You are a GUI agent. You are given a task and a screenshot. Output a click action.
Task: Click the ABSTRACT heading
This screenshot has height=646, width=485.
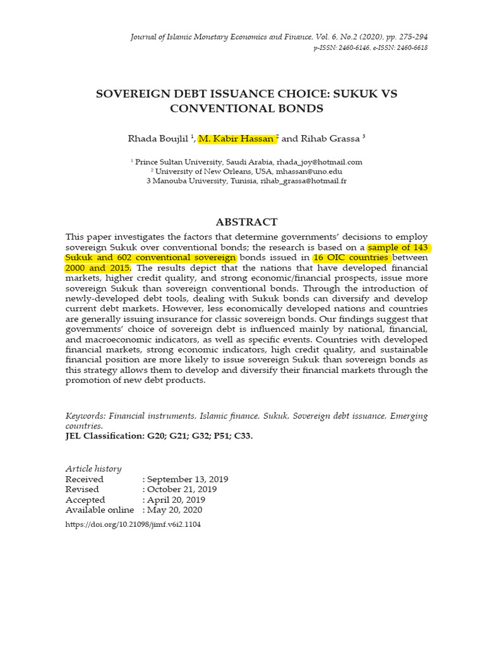[x=246, y=221]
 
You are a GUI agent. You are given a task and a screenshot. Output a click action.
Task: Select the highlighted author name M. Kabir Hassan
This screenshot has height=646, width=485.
[x=236, y=138]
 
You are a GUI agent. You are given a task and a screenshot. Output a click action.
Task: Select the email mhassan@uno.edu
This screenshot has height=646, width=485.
[x=305, y=172]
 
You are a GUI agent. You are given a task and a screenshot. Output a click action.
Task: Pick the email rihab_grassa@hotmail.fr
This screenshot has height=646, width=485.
[x=303, y=181]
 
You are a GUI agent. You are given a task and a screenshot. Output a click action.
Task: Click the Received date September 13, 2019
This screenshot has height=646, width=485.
[x=188, y=479]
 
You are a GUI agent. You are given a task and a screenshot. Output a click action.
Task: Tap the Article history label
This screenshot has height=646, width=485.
[x=93, y=469]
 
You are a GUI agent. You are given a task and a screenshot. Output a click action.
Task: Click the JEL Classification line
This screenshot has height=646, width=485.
[x=159, y=436]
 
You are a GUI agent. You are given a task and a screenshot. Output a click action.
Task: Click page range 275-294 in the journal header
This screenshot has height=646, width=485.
[x=410, y=37]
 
